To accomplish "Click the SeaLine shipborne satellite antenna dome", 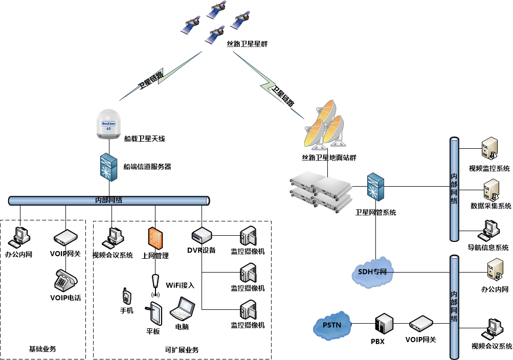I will click(108, 124).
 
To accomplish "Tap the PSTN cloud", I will click(332, 325).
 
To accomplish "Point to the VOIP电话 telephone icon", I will click(65, 281).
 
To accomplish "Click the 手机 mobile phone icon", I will click(126, 296).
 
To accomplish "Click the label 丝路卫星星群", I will click(248, 44).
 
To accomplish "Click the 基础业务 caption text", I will click(42, 350).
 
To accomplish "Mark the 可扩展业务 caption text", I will click(182, 350).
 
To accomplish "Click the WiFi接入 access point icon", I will click(155, 285).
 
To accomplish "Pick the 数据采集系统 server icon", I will click(489, 190).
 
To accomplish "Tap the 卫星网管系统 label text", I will click(376, 212).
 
